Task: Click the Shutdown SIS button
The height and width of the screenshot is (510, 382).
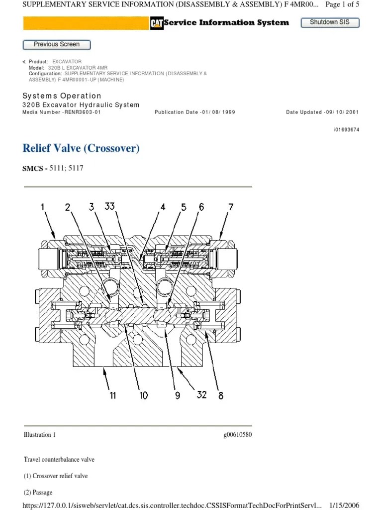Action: [330, 22]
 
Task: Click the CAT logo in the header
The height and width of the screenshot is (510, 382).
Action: [157, 23]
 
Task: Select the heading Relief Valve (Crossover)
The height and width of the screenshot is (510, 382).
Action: [81, 148]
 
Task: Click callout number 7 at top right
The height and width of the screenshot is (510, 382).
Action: [230, 207]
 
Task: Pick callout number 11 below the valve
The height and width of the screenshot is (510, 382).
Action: [113, 395]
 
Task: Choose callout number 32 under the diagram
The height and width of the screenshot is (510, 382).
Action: [201, 395]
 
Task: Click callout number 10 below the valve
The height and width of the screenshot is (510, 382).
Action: [144, 395]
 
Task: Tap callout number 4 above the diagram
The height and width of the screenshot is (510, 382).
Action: [163, 207]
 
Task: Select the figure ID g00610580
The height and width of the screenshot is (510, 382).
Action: [238, 435]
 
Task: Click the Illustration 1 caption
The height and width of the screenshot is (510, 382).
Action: [40, 435]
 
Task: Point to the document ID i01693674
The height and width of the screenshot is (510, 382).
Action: [346, 130]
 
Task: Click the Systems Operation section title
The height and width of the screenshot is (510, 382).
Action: [62, 96]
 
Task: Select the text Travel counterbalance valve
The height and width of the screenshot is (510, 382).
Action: [59, 459]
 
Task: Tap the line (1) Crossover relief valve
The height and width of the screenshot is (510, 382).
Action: [56, 476]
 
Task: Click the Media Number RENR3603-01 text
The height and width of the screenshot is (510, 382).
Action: [62, 112]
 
